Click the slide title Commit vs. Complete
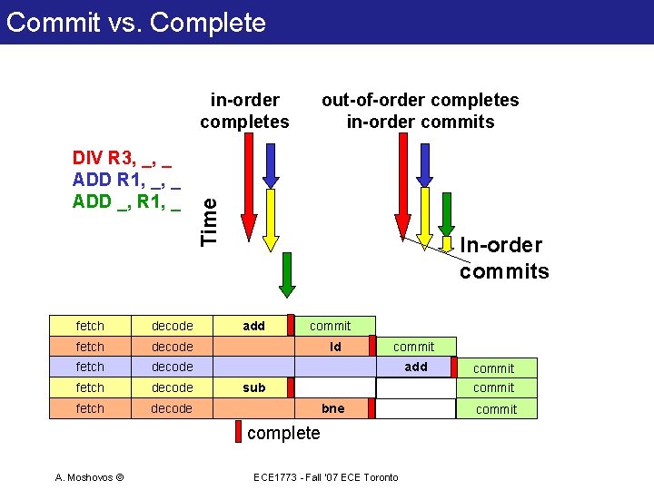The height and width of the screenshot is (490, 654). tap(136, 22)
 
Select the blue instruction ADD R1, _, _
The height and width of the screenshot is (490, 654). tap(124, 180)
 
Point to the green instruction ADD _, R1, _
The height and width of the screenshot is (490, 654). tap(126, 200)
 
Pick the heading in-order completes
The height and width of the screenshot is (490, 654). tap(244, 111)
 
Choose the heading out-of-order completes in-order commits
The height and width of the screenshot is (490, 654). tap(420, 111)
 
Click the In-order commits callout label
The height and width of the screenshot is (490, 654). tap(504, 258)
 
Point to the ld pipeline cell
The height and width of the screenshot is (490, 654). tap(335, 347)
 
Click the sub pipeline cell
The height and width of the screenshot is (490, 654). tap(254, 387)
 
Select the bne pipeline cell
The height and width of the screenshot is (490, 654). tap(333, 408)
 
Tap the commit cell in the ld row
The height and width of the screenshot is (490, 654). tap(414, 347)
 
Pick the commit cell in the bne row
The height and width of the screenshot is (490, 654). tap(496, 409)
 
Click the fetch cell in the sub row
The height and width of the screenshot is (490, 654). tap(90, 387)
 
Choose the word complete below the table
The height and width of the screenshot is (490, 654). tap(283, 433)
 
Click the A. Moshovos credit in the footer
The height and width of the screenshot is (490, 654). tap(89, 477)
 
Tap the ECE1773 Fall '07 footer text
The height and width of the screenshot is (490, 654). tap(324, 477)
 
